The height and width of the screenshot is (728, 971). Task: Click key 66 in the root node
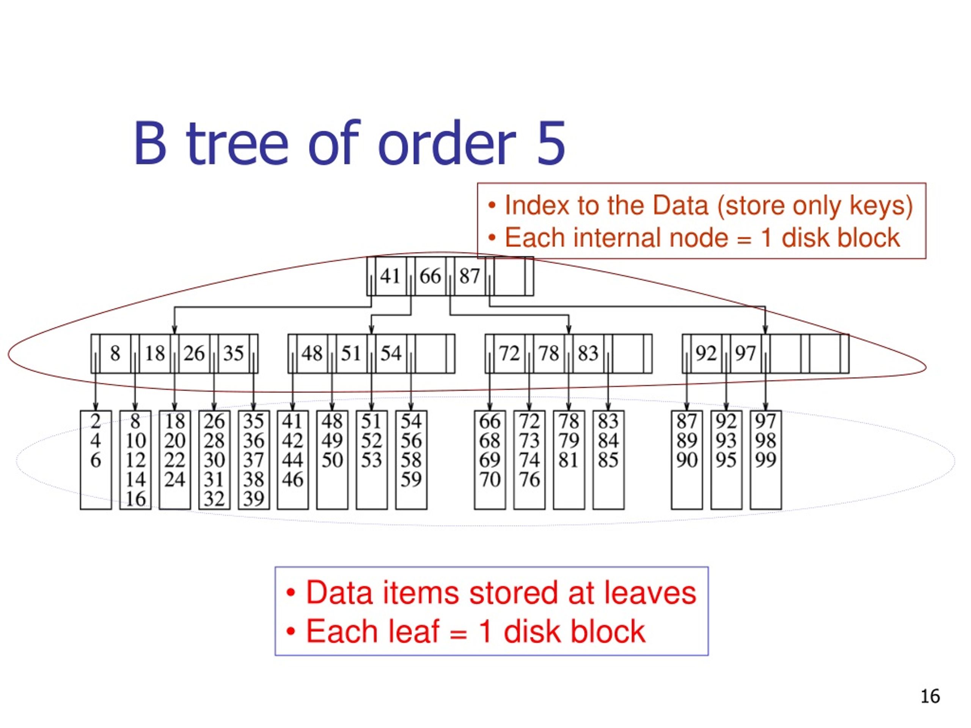click(430, 276)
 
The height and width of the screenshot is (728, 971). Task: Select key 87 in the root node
click(469, 276)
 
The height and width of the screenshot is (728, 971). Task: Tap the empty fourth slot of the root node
click(509, 276)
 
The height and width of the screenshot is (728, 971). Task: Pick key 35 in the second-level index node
click(233, 353)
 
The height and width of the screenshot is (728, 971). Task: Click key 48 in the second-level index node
click(312, 353)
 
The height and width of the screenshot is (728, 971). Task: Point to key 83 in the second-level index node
click(588, 353)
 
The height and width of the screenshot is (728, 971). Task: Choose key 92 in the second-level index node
click(706, 353)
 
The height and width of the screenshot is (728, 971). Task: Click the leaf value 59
click(411, 479)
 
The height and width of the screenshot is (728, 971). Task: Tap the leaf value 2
click(96, 421)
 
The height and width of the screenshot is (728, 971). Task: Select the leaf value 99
click(765, 460)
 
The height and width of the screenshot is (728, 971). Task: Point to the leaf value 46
click(292, 479)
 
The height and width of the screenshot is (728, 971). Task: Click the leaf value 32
click(214, 499)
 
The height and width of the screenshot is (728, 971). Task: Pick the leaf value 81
click(569, 460)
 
